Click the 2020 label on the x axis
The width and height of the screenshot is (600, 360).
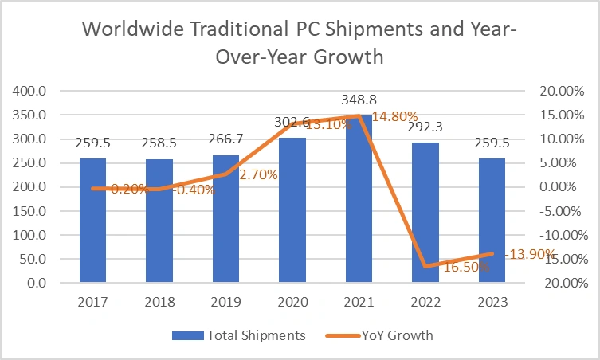pos(292,303)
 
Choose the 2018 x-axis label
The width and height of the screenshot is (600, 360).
pos(159,303)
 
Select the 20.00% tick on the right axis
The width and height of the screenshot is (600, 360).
pos(564,91)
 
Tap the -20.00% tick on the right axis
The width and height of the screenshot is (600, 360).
pos(563,284)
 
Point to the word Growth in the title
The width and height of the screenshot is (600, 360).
pos(346,57)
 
